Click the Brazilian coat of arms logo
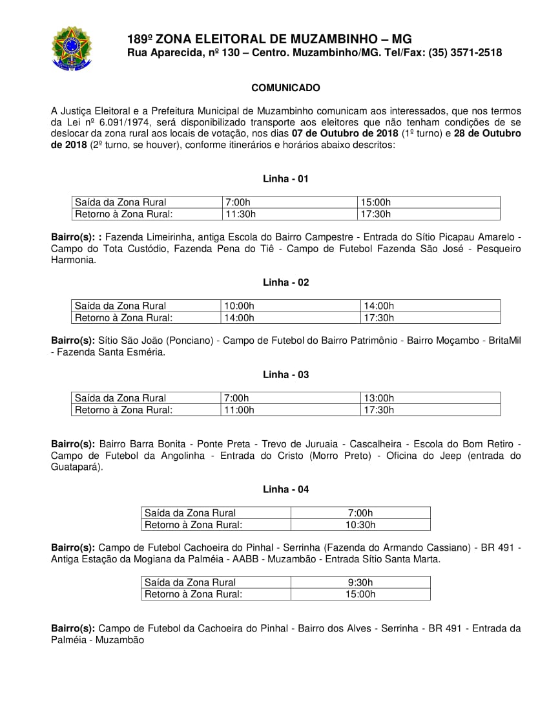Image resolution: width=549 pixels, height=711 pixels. coord(72,48)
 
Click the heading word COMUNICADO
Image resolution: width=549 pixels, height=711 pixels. coord(285,88)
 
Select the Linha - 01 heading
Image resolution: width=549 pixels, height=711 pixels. coord(285,179)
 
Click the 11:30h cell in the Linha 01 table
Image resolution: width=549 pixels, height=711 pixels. coord(240,214)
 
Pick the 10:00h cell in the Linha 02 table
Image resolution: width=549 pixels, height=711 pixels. coord(239,306)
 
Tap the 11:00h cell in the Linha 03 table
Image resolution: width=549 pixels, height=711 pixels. coord(239,410)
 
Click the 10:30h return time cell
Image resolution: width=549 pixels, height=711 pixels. coord(360,525)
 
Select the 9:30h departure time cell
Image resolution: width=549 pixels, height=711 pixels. coord(360,582)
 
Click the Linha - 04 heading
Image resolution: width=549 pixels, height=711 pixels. coord(285,489)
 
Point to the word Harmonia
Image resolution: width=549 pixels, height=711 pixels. coord(73,260)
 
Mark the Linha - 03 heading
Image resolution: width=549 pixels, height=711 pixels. coord(285,375)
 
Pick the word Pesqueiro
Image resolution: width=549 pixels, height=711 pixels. coord(497,248)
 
